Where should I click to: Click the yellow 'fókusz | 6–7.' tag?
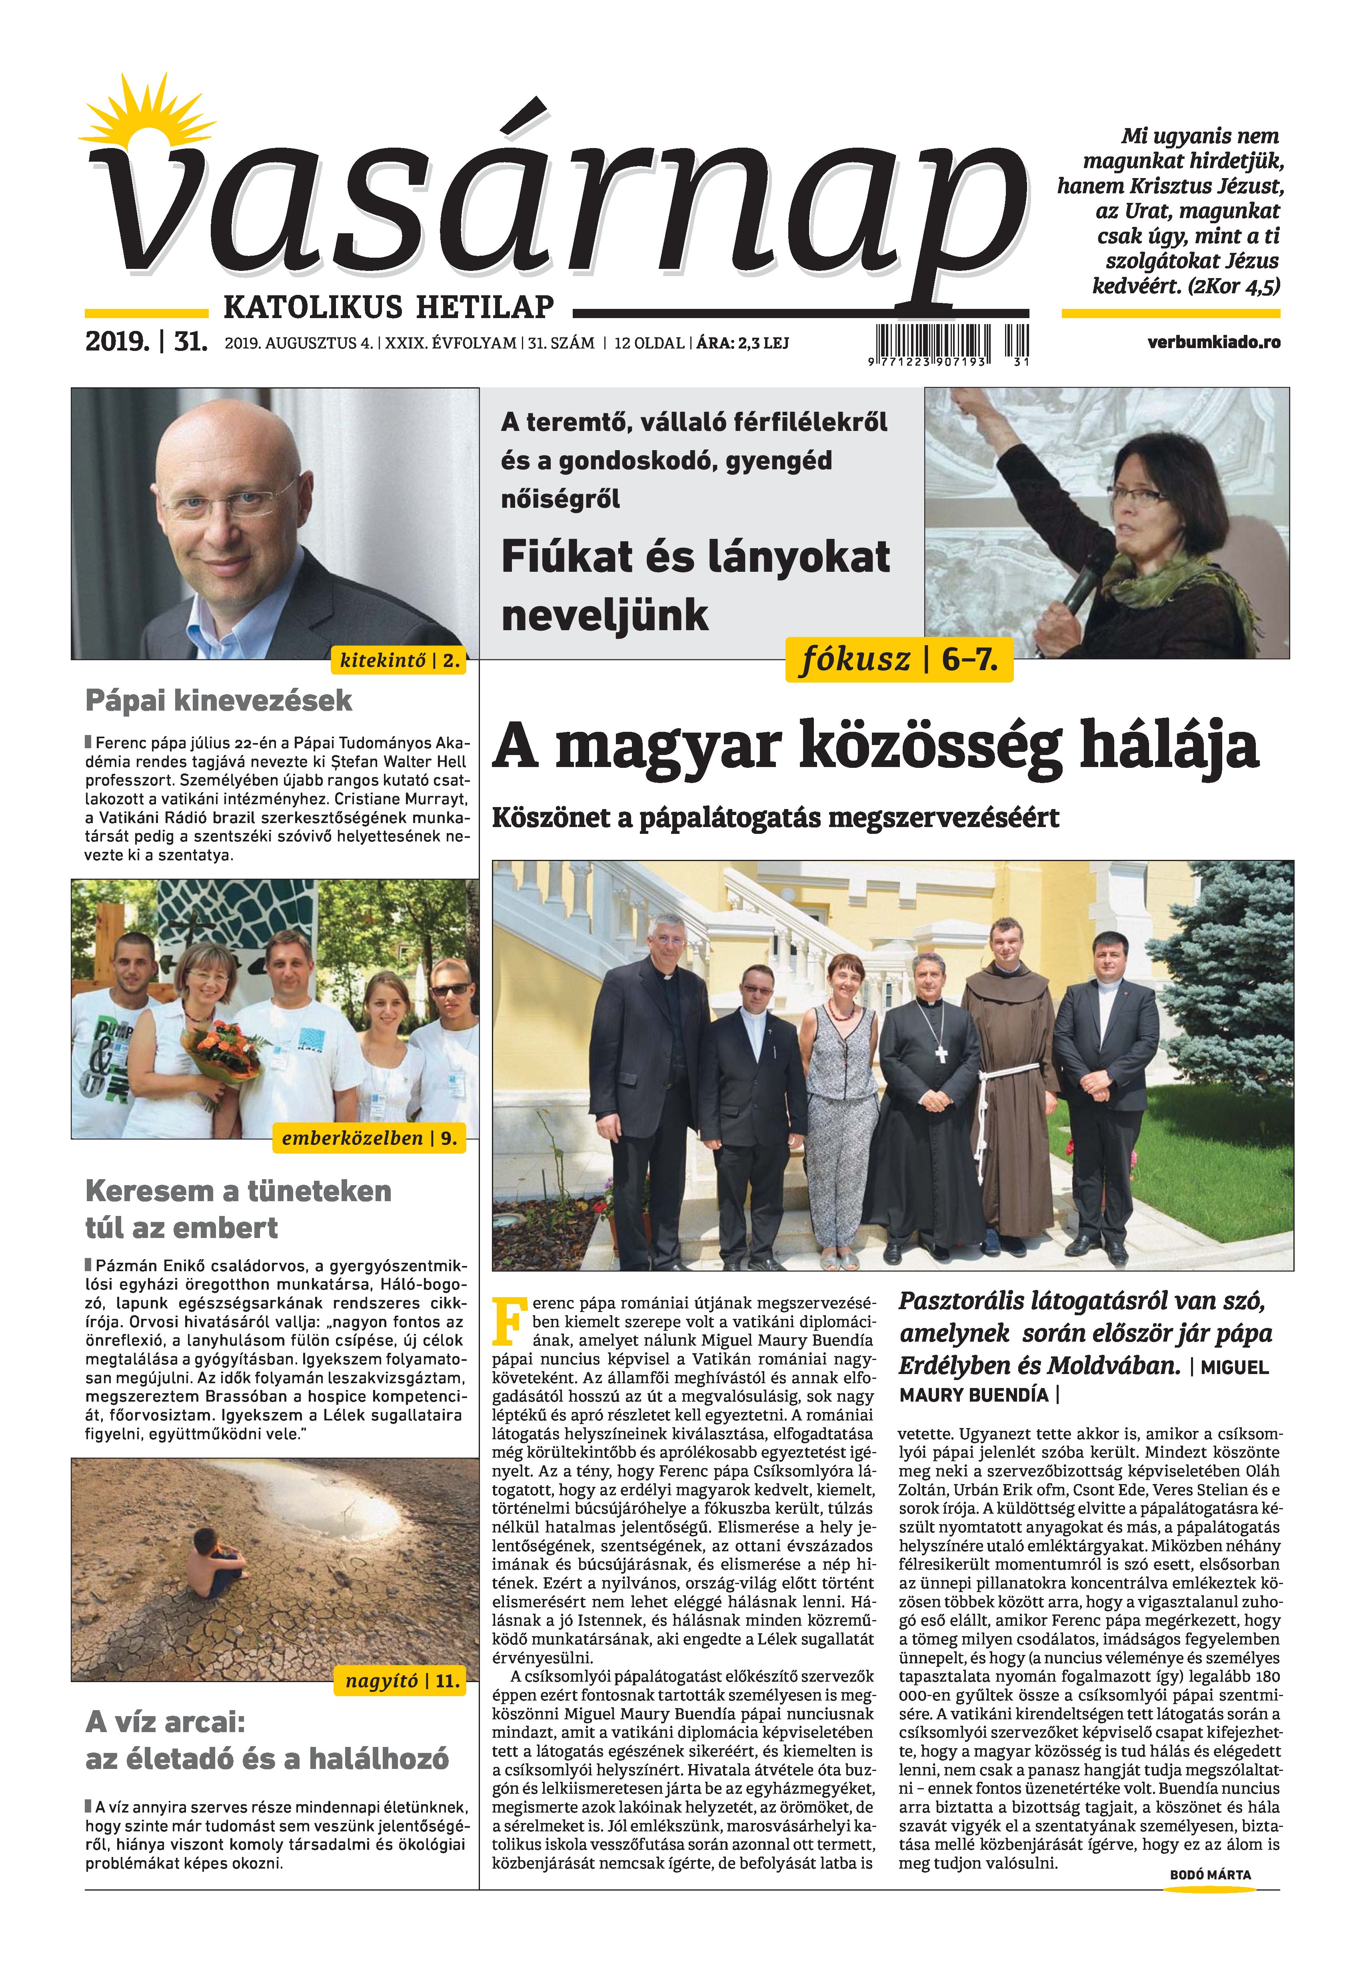898,660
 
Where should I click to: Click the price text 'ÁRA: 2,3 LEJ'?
742,343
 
